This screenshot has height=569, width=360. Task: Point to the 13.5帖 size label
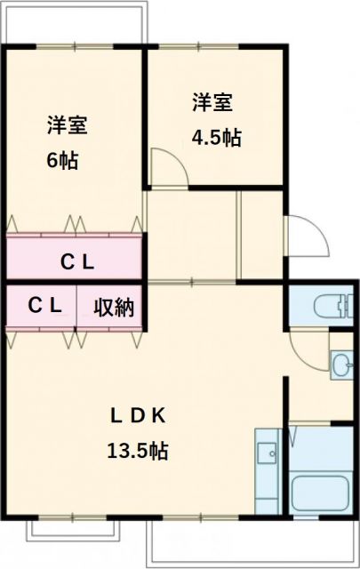[x=138, y=451]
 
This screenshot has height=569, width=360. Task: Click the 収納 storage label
[x=114, y=308]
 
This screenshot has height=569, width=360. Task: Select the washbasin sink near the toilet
[x=342, y=363]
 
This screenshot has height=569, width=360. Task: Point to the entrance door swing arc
[x=302, y=235]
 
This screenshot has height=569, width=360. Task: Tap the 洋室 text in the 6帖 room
[x=67, y=125]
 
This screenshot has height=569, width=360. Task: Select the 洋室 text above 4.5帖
[x=213, y=103]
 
